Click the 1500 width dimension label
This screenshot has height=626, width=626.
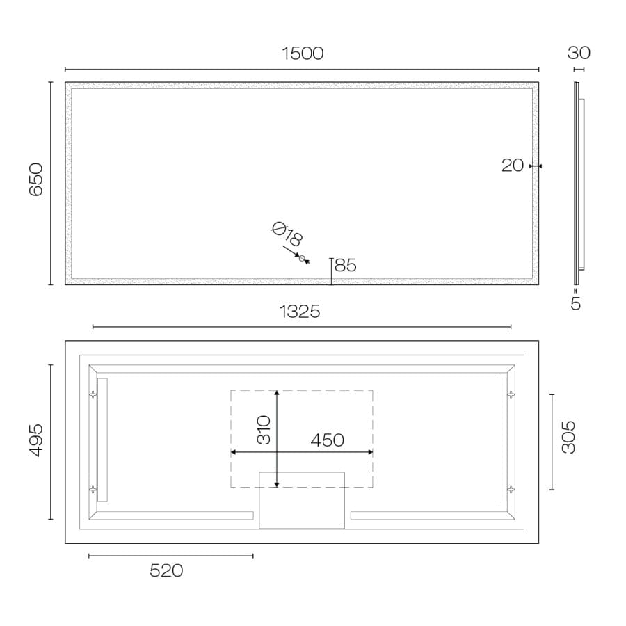click(303, 54)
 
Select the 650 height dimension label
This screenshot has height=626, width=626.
click(36, 179)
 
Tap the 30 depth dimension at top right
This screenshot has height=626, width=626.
click(579, 53)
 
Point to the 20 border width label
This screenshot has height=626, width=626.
click(513, 166)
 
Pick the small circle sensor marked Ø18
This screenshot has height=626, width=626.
click(302, 258)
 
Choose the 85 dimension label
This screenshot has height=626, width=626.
click(345, 265)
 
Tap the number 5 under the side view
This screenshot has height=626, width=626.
click(575, 304)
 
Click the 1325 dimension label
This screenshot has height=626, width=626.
click(299, 312)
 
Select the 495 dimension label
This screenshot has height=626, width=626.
click(36, 440)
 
